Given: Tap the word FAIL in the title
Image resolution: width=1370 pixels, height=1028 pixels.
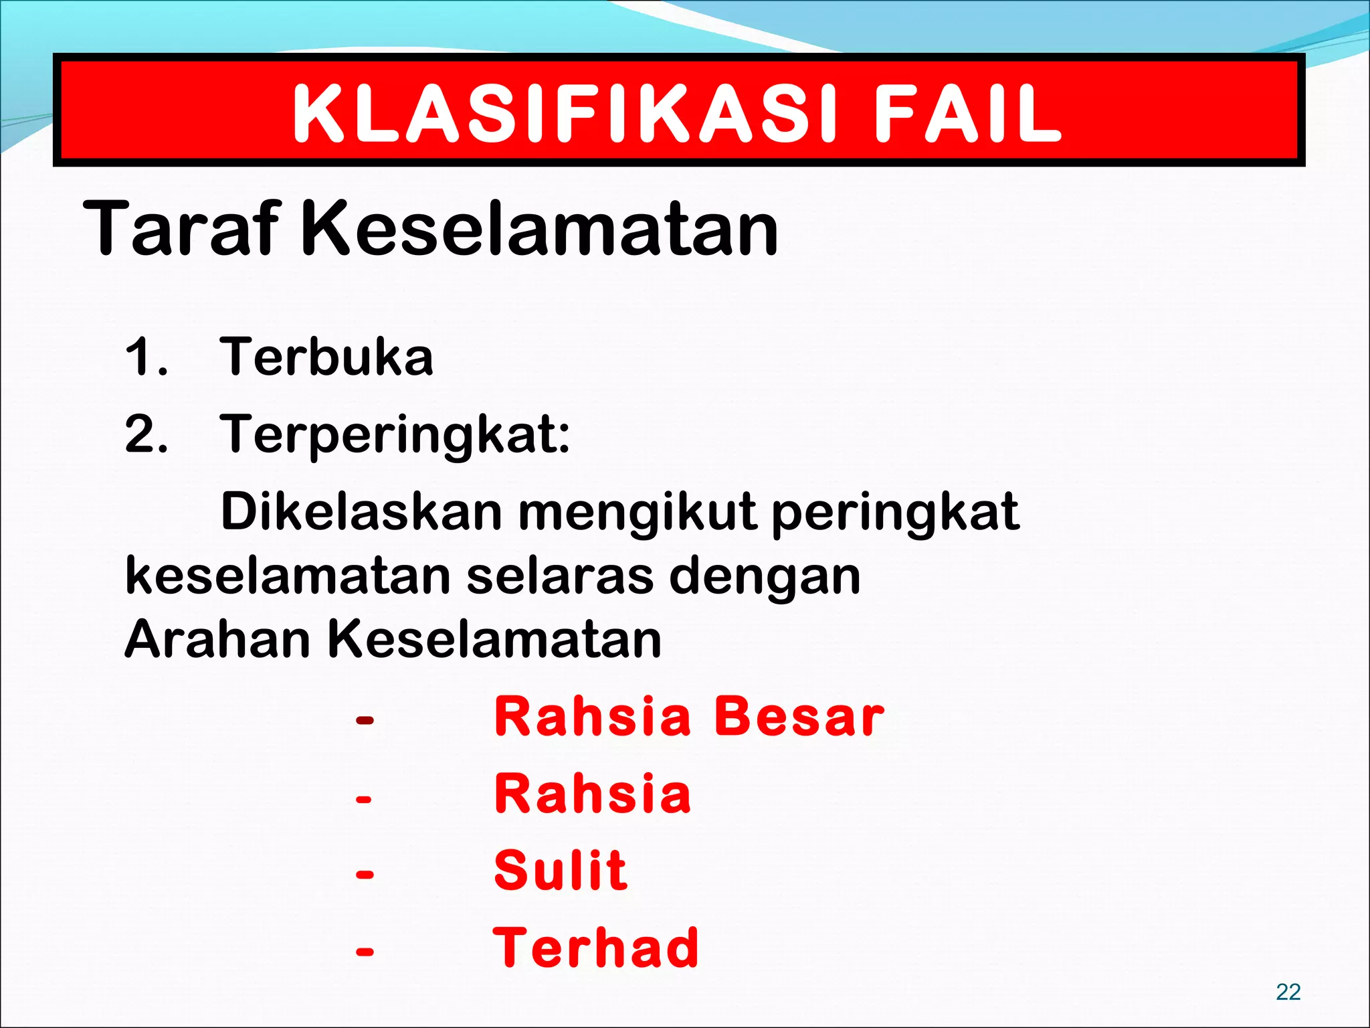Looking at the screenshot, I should (x=968, y=114).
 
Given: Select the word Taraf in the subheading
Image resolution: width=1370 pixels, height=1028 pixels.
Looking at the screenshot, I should (x=181, y=229).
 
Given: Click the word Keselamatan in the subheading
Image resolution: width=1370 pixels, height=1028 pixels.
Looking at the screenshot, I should (x=541, y=229).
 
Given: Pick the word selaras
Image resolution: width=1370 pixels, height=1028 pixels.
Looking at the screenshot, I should (x=560, y=576).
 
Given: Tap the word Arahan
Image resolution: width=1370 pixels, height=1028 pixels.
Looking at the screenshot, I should (x=217, y=639).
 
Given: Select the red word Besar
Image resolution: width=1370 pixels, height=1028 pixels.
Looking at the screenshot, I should (x=799, y=717).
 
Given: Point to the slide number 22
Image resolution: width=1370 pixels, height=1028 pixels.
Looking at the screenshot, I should (x=1288, y=991).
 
